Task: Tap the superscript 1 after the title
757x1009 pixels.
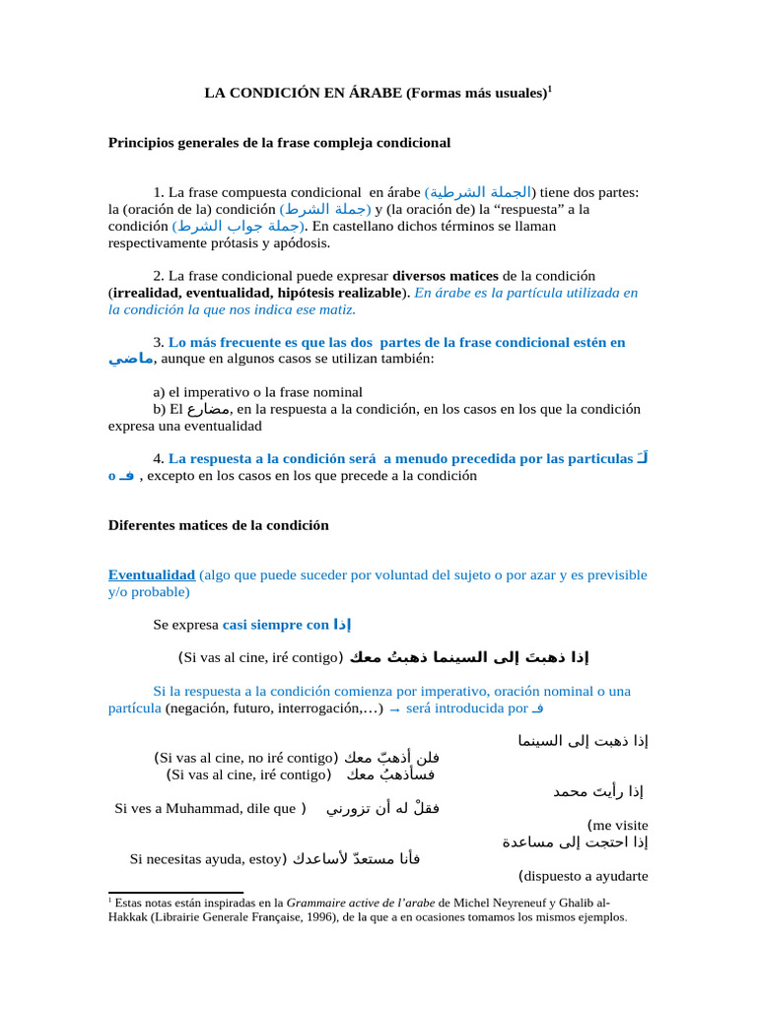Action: click(550, 90)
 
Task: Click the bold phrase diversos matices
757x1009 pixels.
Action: click(446, 275)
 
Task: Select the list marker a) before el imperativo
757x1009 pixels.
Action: click(159, 391)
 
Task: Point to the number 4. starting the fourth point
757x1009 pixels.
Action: click(159, 458)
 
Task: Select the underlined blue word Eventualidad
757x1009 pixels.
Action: click(151, 574)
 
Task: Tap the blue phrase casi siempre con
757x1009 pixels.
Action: click(276, 625)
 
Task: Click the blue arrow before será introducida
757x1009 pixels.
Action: click(394, 709)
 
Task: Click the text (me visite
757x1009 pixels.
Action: click(618, 826)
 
